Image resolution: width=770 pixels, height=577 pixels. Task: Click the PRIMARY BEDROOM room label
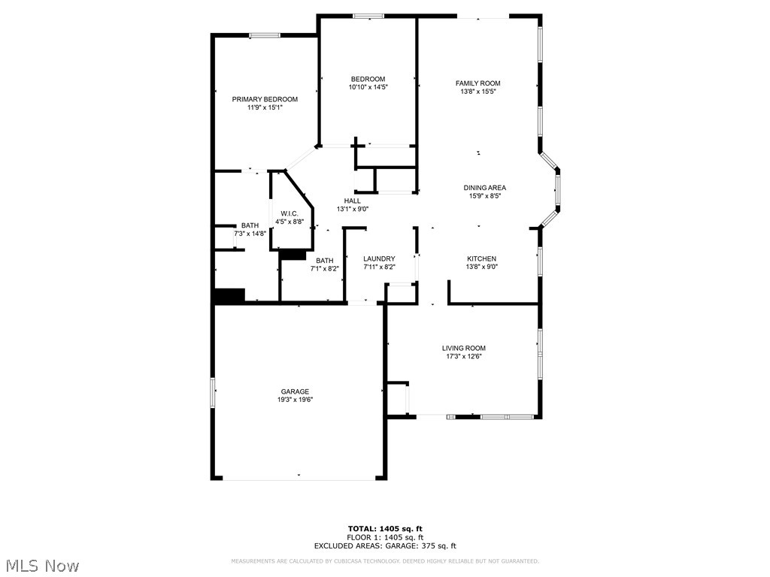click(265, 99)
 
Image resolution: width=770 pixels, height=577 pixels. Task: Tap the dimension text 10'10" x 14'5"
click(368, 87)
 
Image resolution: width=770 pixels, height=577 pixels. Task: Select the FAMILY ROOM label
click(477, 83)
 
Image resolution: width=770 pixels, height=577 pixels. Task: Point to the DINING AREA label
click(484, 188)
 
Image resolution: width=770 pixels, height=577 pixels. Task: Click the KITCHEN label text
click(481, 258)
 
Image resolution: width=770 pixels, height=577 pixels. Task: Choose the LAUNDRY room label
click(379, 258)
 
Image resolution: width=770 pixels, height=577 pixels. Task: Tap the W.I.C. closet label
click(290, 213)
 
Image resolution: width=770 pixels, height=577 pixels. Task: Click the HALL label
click(352, 201)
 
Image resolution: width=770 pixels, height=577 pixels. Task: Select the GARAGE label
click(296, 391)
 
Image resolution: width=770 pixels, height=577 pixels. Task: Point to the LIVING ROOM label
click(463, 348)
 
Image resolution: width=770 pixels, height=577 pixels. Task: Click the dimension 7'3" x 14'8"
click(250, 234)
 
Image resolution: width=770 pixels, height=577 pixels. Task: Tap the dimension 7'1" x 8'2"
click(325, 268)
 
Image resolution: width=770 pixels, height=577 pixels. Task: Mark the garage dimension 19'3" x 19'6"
click(296, 400)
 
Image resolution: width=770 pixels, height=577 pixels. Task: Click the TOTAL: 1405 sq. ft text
click(385, 528)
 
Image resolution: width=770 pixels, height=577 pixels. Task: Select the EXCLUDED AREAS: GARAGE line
click(385, 546)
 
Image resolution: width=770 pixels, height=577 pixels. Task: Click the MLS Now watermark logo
click(42, 565)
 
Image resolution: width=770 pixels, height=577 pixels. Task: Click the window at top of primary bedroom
click(265, 35)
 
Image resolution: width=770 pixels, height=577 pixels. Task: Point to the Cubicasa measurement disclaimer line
click(385, 561)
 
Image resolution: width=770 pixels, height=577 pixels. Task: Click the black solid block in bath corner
click(230, 296)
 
